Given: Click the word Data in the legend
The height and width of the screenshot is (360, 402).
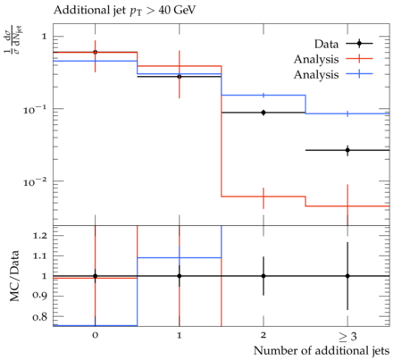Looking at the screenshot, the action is click(x=326, y=44).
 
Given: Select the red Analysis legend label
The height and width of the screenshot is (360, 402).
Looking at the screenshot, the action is click(x=316, y=59).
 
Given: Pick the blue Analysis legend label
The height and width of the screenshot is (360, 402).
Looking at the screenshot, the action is click(x=316, y=74).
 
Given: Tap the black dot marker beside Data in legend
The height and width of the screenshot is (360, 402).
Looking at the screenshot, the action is click(x=359, y=44).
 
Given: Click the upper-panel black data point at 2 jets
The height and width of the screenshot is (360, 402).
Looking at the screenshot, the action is click(x=264, y=113).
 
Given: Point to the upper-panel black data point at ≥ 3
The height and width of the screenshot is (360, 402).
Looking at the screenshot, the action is click(x=348, y=150).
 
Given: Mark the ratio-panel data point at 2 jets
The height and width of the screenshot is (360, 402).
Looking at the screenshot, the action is click(x=264, y=276).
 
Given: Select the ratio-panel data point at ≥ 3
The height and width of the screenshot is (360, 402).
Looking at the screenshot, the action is click(x=348, y=276).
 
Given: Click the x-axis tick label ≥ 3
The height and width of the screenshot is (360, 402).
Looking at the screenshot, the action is click(x=348, y=337).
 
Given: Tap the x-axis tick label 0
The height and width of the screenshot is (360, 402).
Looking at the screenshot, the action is click(x=95, y=335).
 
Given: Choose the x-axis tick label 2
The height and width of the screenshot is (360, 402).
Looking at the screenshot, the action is click(x=264, y=335).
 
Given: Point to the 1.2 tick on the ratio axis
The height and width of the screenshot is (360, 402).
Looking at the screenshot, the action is click(x=40, y=236).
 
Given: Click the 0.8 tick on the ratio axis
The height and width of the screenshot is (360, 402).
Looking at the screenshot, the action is click(x=40, y=317).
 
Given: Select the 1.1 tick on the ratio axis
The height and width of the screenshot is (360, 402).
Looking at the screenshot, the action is click(x=40, y=255).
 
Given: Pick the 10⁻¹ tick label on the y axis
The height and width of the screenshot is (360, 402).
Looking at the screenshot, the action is click(x=35, y=110).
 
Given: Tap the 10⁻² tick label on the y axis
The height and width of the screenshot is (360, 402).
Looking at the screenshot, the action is click(x=35, y=182).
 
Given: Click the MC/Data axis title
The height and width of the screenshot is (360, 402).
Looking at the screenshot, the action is click(x=14, y=276).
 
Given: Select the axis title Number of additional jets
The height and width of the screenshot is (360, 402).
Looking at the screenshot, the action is click(x=322, y=351).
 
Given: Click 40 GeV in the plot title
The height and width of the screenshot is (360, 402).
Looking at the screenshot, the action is click(x=177, y=10).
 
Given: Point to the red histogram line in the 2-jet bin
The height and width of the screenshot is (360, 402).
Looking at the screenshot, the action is click(x=264, y=197).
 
